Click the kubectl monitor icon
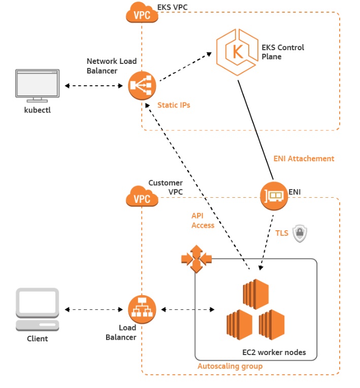38,85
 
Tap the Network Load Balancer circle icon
142,85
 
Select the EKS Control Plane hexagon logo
237,52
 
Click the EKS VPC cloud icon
142,12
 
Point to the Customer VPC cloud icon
142,196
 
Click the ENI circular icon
274,196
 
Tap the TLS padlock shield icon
300,233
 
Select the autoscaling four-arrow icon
197,259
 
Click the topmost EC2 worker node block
256,294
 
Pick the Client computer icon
38,309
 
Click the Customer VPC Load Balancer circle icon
142,309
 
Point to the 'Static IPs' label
174,105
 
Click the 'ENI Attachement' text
304,159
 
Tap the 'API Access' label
203,221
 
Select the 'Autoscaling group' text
230,366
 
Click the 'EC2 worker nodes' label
274,352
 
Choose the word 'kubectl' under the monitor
38,110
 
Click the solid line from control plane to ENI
256,130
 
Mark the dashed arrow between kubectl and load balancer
94,86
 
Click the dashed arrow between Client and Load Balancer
94,309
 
